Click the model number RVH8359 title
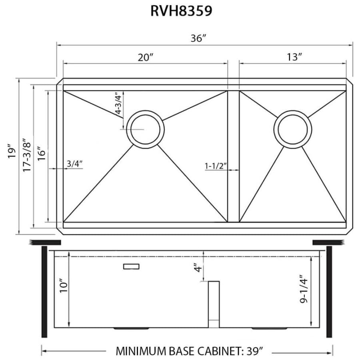point(181,11)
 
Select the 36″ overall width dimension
point(198,39)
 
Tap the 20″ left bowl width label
point(146,57)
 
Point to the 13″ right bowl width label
point(294,57)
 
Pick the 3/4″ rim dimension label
point(74,163)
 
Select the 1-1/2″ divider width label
point(216,165)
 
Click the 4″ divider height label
point(196,267)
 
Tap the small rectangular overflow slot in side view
point(131,266)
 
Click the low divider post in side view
point(214,304)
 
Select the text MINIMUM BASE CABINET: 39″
point(190,351)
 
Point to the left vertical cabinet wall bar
point(44,292)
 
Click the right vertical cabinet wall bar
point(329,292)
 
